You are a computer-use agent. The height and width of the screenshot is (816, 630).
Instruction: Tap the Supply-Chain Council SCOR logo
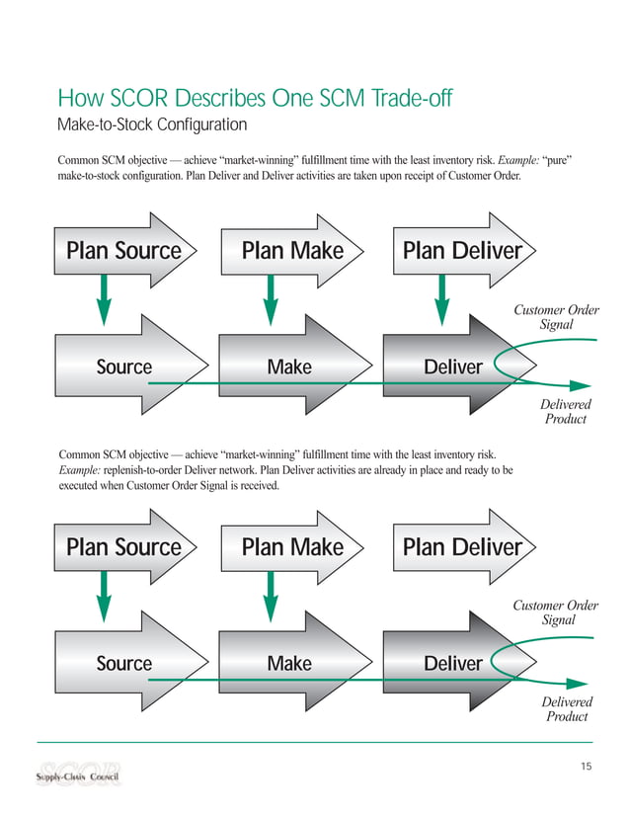(x=78, y=773)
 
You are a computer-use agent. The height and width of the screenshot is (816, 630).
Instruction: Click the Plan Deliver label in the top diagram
(x=462, y=251)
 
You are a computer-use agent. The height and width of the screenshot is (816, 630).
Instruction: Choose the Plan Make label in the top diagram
(x=292, y=251)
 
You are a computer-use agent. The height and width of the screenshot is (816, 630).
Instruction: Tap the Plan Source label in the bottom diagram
(x=123, y=547)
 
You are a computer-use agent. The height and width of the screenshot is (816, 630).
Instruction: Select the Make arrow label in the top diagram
(x=289, y=367)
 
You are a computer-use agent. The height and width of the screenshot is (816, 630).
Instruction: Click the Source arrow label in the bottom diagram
(x=123, y=664)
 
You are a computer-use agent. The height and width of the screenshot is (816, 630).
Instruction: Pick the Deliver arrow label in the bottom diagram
(x=453, y=664)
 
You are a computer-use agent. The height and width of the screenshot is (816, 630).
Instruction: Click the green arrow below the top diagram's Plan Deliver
(x=441, y=293)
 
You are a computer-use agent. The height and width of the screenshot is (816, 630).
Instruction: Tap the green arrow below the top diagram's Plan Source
(x=103, y=293)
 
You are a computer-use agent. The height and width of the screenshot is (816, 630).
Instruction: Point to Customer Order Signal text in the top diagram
(x=556, y=317)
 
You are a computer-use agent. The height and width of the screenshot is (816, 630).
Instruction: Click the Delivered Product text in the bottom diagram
(x=566, y=708)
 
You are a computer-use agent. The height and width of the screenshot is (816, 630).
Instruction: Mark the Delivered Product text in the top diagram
(x=566, y=412)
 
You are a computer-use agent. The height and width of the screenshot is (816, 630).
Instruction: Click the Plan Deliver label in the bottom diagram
(x=462, y=547)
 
